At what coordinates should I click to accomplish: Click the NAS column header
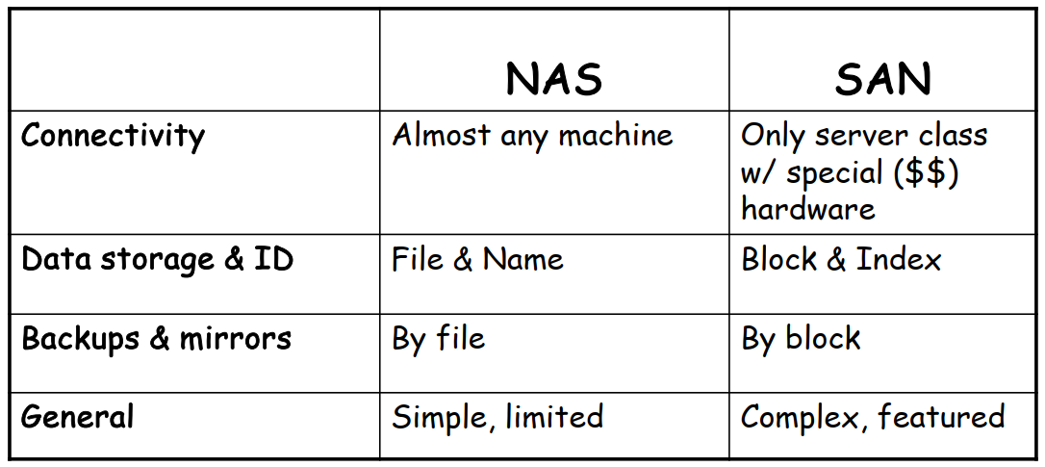[x=554, y=78]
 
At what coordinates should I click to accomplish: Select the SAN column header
[x=883, y=78]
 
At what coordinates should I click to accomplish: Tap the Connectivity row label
[x=113, y=137]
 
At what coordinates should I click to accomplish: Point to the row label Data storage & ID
[x=157, y=260]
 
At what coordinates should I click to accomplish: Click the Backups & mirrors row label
[x=156, y=338]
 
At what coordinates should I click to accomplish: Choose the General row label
[x=77, y=416]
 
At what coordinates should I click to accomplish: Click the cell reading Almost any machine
[x=532, y=136]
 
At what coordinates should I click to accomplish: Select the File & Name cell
[x=477, y=260]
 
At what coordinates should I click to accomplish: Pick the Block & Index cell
[x=841, y=260]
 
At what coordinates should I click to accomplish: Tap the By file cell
[x=439, y=338]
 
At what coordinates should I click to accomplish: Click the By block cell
[x=801, y=338]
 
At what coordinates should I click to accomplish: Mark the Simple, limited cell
[x=497, y=418]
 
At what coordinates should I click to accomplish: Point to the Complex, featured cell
[x=873, y=418]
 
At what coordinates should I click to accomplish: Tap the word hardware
[x=807, y=209]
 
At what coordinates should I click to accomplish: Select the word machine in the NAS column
[x=616, y=136]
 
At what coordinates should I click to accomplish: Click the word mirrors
[x=235, y=338]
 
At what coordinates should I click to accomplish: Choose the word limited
[x=554, y=417]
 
